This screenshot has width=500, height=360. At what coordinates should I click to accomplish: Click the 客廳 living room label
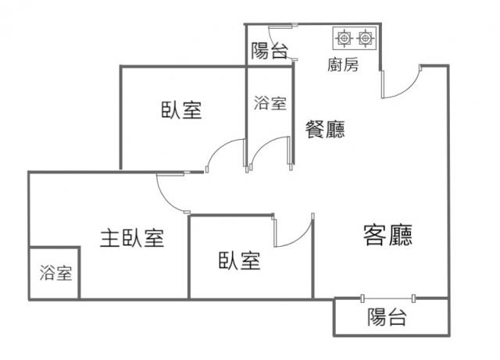[387, 235]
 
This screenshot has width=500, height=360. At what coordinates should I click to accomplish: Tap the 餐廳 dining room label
[325, 129]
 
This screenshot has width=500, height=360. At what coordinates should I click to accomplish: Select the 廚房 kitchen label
[343, 65]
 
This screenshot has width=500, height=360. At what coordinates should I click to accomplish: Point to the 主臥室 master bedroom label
[132, 238]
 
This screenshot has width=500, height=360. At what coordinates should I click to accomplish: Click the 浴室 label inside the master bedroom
[56, 273]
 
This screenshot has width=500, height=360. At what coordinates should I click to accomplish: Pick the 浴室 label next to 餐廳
[270, 103]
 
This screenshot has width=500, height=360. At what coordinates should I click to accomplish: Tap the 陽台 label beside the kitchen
[270, 51]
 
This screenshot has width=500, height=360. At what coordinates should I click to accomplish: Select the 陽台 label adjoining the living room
[387, 317]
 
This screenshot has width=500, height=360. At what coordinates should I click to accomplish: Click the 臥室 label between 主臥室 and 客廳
[240, 261]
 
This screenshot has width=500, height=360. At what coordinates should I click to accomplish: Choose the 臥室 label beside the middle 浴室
[181, 110]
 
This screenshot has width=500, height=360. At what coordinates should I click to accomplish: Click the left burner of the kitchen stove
[344, 38]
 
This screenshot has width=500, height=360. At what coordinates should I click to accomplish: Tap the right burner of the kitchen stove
[366, 38]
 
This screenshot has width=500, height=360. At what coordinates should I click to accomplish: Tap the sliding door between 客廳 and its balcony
[387, 298]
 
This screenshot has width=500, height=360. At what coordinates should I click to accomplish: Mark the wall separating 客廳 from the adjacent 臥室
[312, 257]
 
